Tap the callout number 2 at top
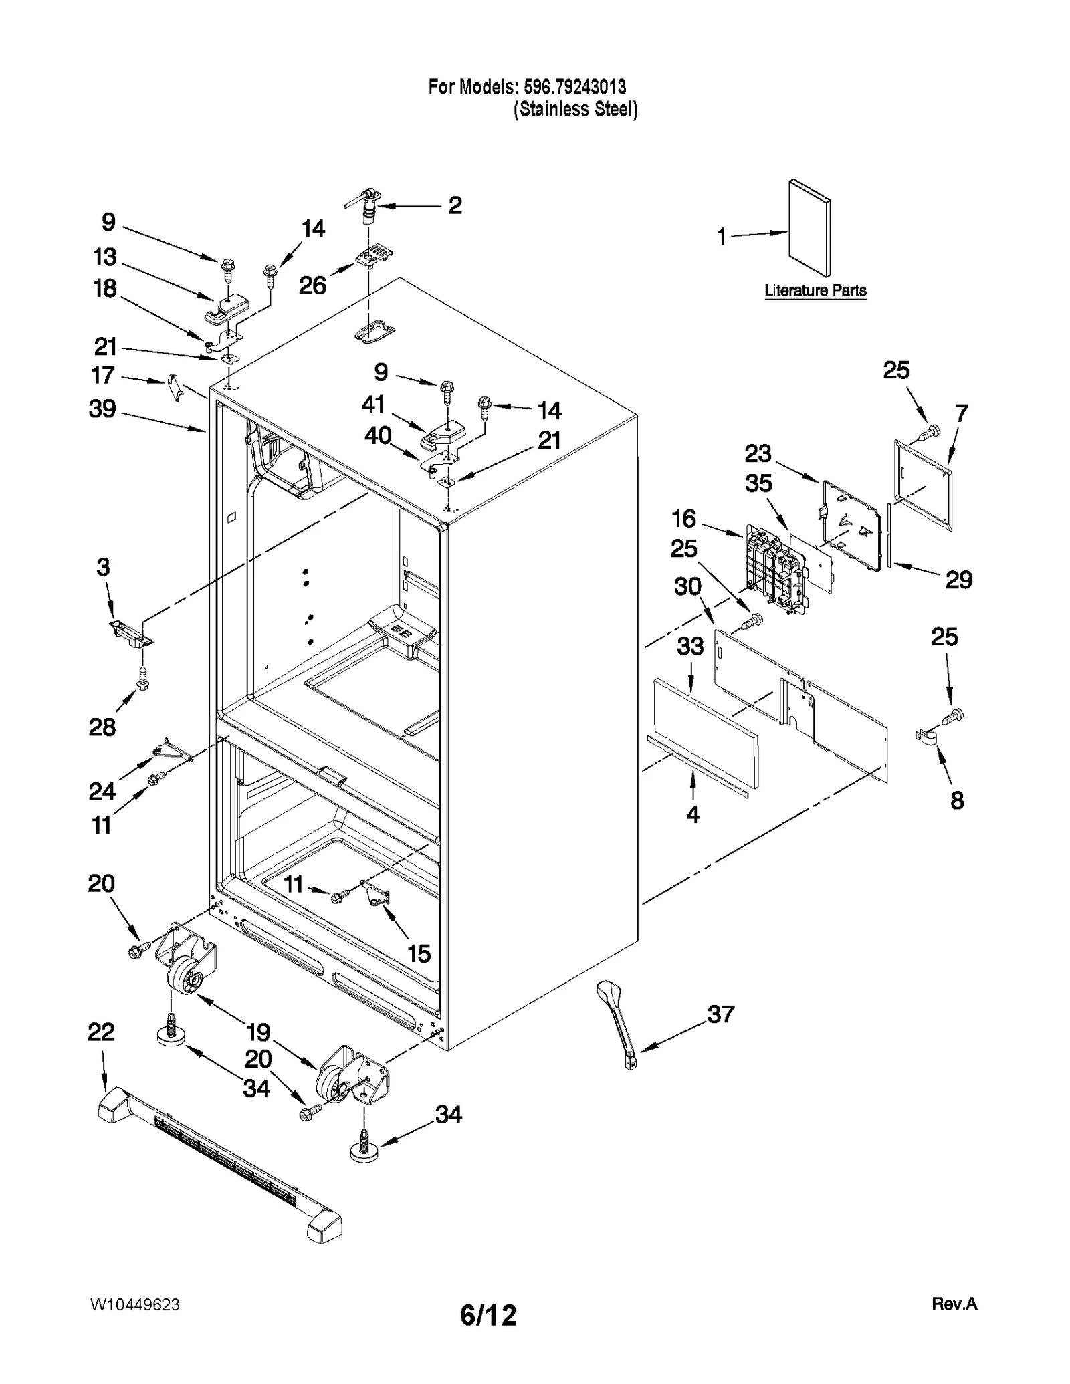pyautogui.click(x=455, y=205)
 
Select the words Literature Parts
pyautogui.click(x=815, y=291)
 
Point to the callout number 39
pyautogui.click(x=102, y=409)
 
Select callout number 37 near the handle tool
pyautogui.click(x=721, y=1014)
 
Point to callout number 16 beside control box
pyautogui.click(x=684, y=518)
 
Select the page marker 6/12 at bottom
pyautogui.click(x=488, y=1316)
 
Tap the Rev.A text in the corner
pyautogui.click(x=954, y=1304)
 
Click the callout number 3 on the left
pyautogui.click(x=102, y=567)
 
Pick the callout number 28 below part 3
pyautogui.click(x=102, y=727)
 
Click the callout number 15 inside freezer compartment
pyautogui.click(x=419, y=953)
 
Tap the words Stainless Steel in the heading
pyautogui.click(x=575, y=110)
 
